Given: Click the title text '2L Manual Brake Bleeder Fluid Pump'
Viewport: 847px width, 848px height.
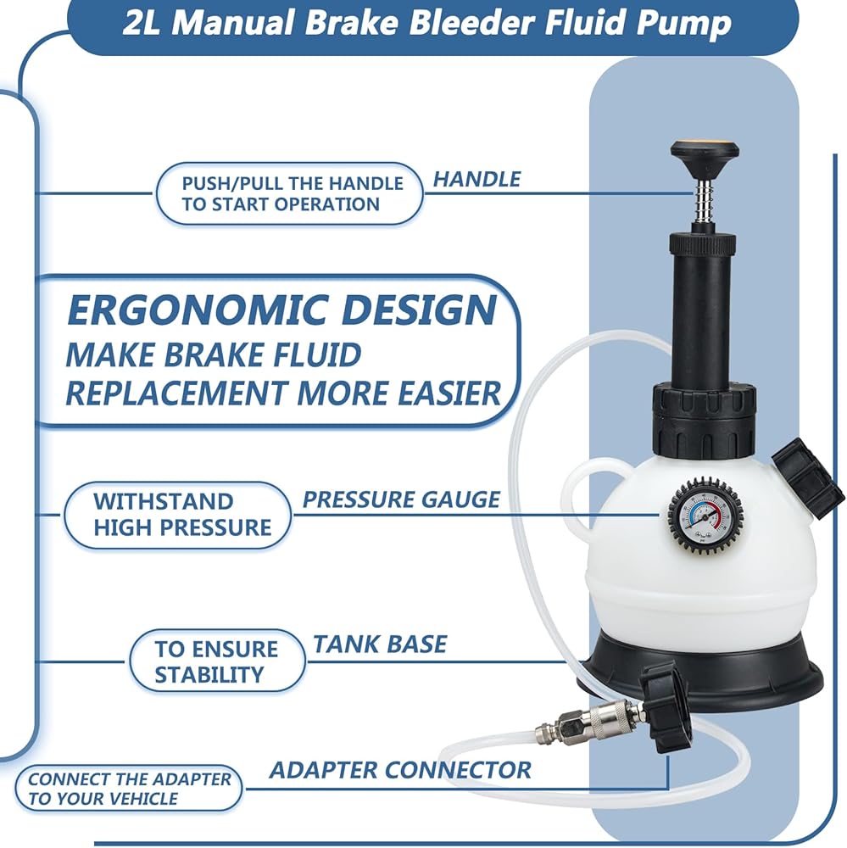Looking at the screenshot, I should tap(426, 23).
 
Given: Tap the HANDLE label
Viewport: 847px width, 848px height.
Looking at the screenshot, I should tap(476, 179).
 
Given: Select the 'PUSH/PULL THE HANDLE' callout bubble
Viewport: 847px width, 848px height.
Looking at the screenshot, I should tap(290, 193).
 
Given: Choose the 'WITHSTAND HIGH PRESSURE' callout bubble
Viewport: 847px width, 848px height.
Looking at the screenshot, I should tap(180, 514).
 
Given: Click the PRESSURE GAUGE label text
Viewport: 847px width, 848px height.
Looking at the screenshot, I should tap(401, 499).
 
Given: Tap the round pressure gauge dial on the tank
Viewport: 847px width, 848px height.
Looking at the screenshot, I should tap(701, 515).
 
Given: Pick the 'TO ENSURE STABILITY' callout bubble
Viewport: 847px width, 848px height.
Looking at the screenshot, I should tap(216, 661).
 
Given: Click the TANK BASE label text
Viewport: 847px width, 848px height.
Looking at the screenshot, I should tap(379, 644).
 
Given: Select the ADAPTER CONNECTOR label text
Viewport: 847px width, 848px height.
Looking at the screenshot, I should tap(400, 770).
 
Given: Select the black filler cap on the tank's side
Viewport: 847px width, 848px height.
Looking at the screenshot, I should tap(807, 478).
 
